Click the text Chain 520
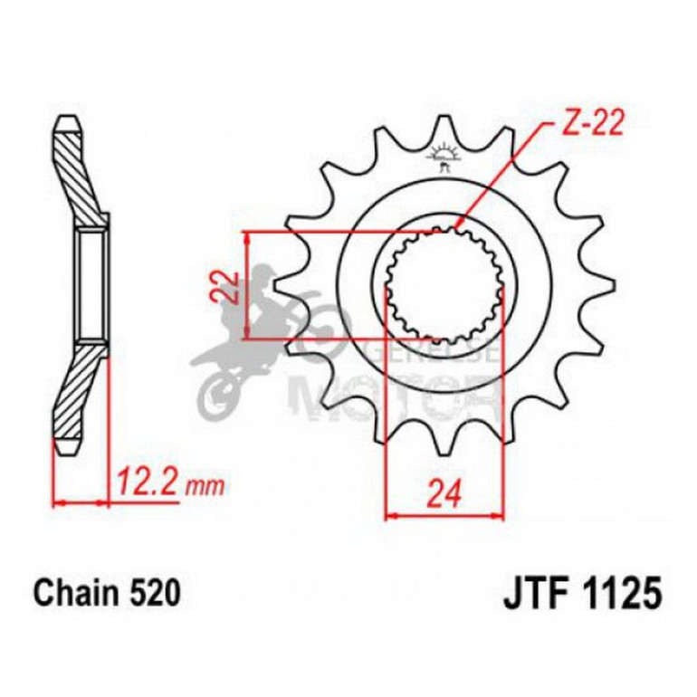107,593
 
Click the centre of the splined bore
444,284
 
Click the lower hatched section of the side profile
80,394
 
